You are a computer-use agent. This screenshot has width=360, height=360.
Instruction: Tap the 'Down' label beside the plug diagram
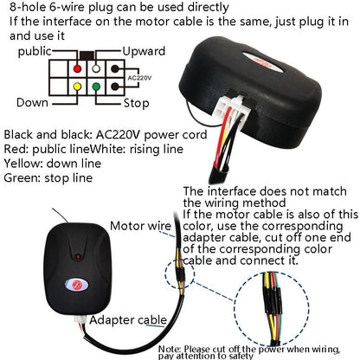(32, 102)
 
